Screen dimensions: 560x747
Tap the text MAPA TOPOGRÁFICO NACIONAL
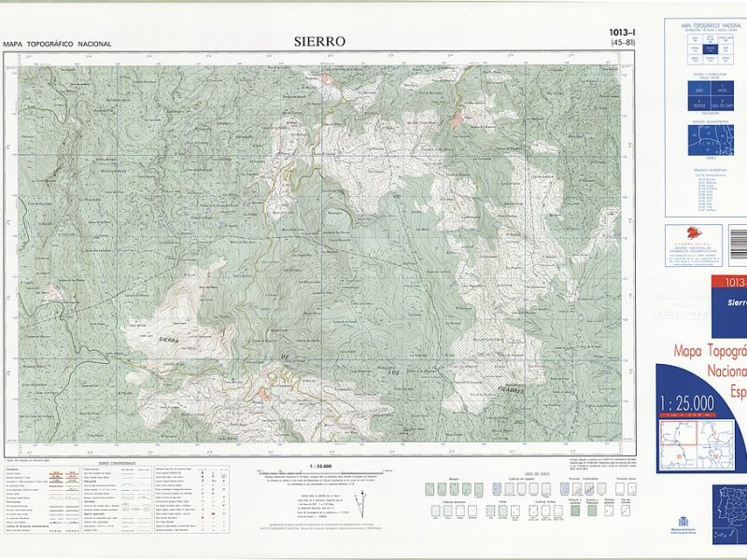click(57, 44)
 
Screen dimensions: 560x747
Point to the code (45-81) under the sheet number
click(623, 43)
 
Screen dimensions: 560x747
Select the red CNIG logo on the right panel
click(691, 234)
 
